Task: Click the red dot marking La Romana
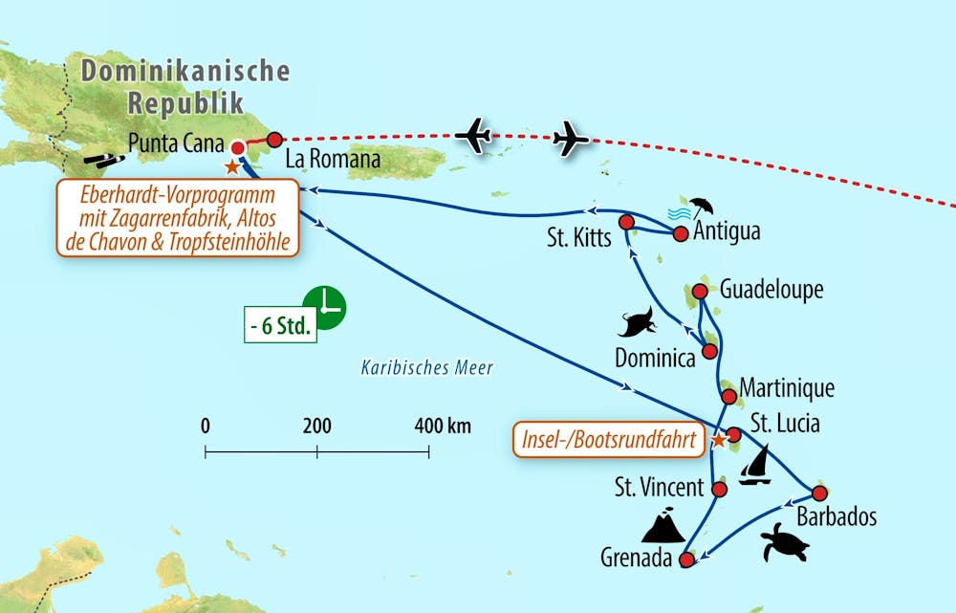(275, 139)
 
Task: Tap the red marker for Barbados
(818, 493)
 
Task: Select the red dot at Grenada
(685, 560)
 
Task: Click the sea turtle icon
(785, 543)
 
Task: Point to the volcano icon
(663, 525)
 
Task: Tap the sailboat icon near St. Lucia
(756, 466)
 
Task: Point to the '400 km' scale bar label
(442, 426)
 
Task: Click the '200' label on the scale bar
(316, 426)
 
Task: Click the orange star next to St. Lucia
(719, 441)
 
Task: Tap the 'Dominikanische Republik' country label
(185, 86)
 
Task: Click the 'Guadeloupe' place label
(771, 290)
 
